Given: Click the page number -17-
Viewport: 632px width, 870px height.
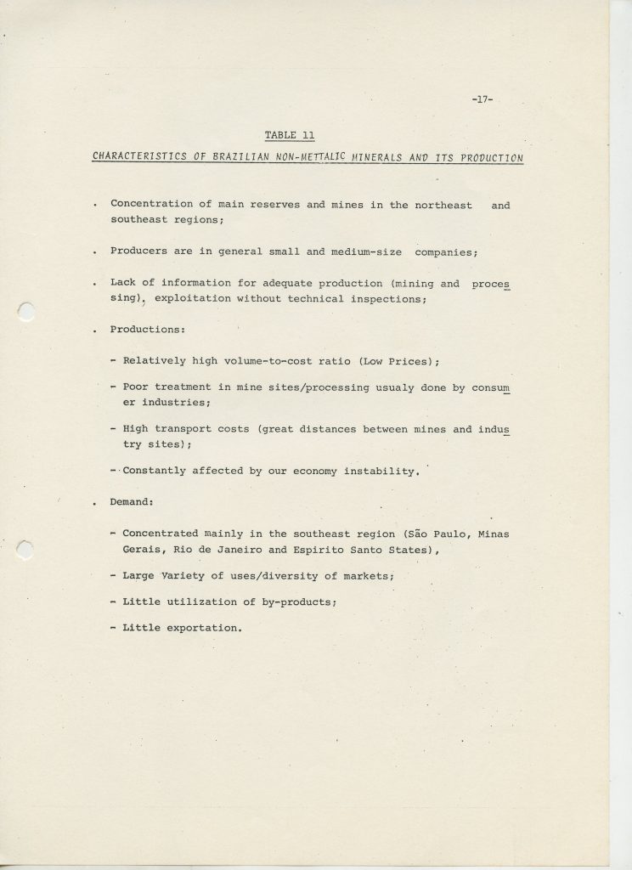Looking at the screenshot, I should click(482, 100).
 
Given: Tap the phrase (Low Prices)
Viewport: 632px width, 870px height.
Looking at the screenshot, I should click(399, 361).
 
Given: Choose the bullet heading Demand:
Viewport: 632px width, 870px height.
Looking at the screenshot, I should click(131, 503).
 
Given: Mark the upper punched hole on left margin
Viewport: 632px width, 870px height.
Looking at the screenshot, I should click(26, 314).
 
